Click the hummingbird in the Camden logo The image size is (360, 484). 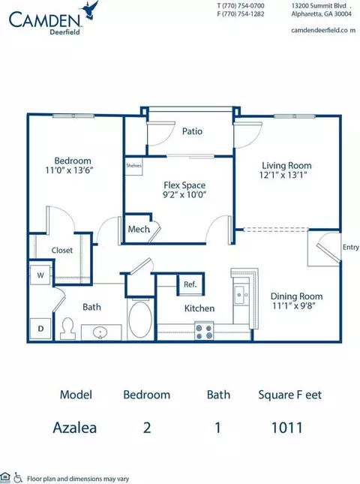(x=89, y=11)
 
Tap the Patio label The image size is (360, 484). (x=192, y=131)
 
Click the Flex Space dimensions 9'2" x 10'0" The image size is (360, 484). (x=184, y=195)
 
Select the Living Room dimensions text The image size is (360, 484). (x=283, y=175)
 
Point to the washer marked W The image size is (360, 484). (x=40, y=275)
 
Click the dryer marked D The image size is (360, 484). (x=40, y=329)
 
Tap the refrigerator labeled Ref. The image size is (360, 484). (x=190, y=284)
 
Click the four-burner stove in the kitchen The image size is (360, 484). (x=204, y=331)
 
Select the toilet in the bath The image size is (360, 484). (x=67, y=328)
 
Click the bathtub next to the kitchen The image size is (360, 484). (x=140, y=320)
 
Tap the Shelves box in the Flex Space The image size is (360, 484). (x=133, y=166)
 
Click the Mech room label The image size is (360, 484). (x=139, y=230)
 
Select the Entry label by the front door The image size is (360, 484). (x=351, y=247)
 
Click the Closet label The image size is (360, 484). (x=62, y=250)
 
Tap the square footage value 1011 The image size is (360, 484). (x=287, y=428)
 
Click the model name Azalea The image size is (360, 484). (x=75, y=428)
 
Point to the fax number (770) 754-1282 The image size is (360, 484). (x=241, y=14)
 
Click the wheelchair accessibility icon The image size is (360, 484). (x=18, y=478)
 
